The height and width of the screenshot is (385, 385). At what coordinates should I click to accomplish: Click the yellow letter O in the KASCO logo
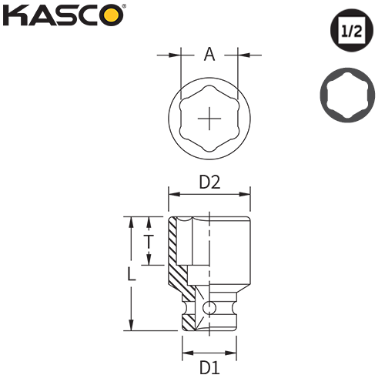111,15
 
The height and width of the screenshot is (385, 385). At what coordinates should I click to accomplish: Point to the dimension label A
209,55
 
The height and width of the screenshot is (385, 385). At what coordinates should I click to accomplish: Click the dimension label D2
210,182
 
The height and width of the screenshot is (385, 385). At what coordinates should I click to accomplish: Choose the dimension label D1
209,367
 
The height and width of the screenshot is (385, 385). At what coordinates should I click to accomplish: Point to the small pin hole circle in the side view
209,308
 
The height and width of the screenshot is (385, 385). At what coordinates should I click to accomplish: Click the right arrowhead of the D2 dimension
249,193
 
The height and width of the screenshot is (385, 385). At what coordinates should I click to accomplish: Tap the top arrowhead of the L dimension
131,220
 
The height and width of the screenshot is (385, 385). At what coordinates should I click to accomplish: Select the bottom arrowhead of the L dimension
131,326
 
